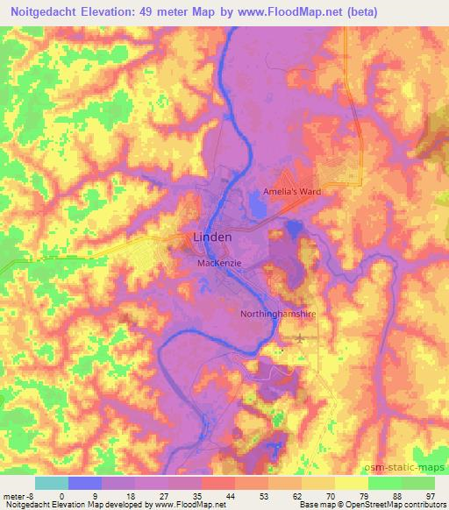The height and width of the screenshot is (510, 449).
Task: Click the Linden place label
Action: (212, 237)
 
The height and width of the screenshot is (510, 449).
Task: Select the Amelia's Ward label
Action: (292, 191)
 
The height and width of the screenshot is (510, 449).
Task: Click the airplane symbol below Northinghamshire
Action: (302, 336)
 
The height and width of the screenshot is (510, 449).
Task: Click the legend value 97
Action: (430, 495)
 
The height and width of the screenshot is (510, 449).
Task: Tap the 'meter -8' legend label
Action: (16, 495)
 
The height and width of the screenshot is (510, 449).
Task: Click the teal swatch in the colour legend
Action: (51, 483)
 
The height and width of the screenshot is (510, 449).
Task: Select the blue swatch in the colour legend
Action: (84, 483)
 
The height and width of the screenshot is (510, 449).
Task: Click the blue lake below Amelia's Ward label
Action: (258, 208)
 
